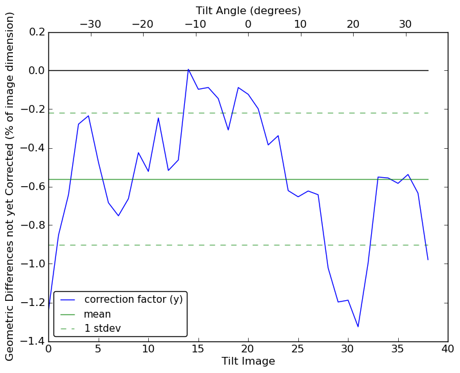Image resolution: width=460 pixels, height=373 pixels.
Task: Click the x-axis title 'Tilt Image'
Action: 248,361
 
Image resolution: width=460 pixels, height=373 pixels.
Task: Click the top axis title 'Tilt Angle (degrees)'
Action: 248,10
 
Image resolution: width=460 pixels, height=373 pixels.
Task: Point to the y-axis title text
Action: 10,186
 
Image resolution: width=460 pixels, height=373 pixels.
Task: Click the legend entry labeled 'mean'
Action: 97,314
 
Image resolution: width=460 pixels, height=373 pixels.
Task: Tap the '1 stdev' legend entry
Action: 102,329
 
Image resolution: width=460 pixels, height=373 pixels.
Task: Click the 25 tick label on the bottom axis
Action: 298,349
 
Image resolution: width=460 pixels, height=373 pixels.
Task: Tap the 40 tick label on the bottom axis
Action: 448,349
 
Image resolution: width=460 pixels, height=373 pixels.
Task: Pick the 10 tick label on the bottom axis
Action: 148,349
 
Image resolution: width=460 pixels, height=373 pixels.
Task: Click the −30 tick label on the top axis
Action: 90,24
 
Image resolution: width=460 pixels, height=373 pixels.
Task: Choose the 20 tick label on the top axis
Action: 353,24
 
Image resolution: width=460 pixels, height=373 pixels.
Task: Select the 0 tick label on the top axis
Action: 248,24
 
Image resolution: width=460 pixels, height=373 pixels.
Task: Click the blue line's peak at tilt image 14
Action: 188,69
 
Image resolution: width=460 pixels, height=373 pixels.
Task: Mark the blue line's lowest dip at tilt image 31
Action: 358,327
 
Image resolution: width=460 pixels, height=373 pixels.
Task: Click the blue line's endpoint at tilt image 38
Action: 428,260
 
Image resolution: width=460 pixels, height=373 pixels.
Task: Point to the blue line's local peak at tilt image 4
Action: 88,115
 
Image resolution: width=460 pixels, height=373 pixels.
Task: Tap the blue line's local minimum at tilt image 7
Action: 118,216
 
